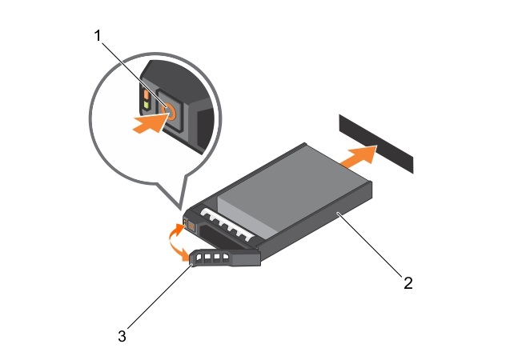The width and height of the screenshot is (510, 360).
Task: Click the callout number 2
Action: (408, 282)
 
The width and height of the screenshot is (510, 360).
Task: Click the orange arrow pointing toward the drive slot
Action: (357, 156)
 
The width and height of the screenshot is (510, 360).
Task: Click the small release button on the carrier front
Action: (187, 223)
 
